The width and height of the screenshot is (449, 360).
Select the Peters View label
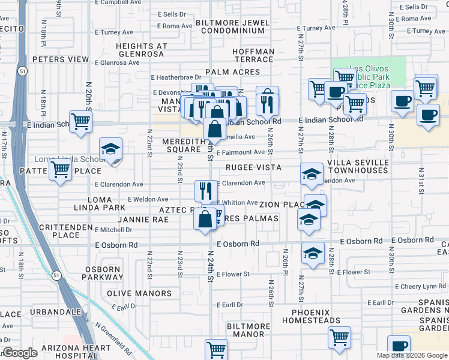pyautogui.click(x=61, y=59)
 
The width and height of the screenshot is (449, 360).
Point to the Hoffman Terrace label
pyautogui.click(x=253, y=56)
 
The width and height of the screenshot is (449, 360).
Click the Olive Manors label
pyautogui.click(x=139, y=293)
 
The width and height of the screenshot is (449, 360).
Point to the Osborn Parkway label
pyautogui.click(x=103, y=274)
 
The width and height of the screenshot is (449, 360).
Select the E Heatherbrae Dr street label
pyautogui.click(x=176, y=77)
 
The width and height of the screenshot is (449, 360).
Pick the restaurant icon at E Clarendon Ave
pyautogui.click(x=206, y=191)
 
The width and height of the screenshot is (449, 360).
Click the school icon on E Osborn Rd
pyautogui.click(x=313, y=254)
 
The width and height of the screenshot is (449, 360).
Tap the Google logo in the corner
pyautogui.click(x=20, y=353)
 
